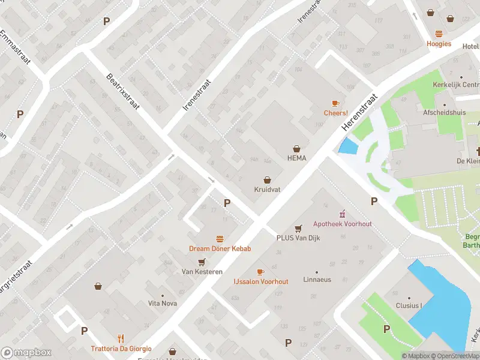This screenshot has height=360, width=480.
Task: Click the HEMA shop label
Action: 296,158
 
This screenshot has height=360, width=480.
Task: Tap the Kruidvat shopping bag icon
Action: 267,179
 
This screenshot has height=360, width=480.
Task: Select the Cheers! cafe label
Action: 335,113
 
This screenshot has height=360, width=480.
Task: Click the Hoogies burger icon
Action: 439,34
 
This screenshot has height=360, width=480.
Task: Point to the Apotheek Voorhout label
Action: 342,224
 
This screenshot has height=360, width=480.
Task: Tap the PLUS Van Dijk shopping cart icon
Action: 298,228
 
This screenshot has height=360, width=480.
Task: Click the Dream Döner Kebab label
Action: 220,248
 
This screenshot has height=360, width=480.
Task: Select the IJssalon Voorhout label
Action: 260,281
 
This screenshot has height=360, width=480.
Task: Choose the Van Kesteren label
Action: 202,271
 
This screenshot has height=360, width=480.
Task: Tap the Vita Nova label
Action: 163,303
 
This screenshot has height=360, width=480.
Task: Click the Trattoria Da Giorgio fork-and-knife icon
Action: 121,338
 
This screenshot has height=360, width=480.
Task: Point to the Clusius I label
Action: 409,305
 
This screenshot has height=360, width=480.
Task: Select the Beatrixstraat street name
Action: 123,91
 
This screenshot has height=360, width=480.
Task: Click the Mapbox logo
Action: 26,353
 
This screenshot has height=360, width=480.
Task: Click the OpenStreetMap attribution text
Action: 456,356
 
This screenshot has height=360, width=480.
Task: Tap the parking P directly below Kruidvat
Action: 227,203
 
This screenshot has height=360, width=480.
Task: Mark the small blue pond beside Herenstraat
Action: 347,146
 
